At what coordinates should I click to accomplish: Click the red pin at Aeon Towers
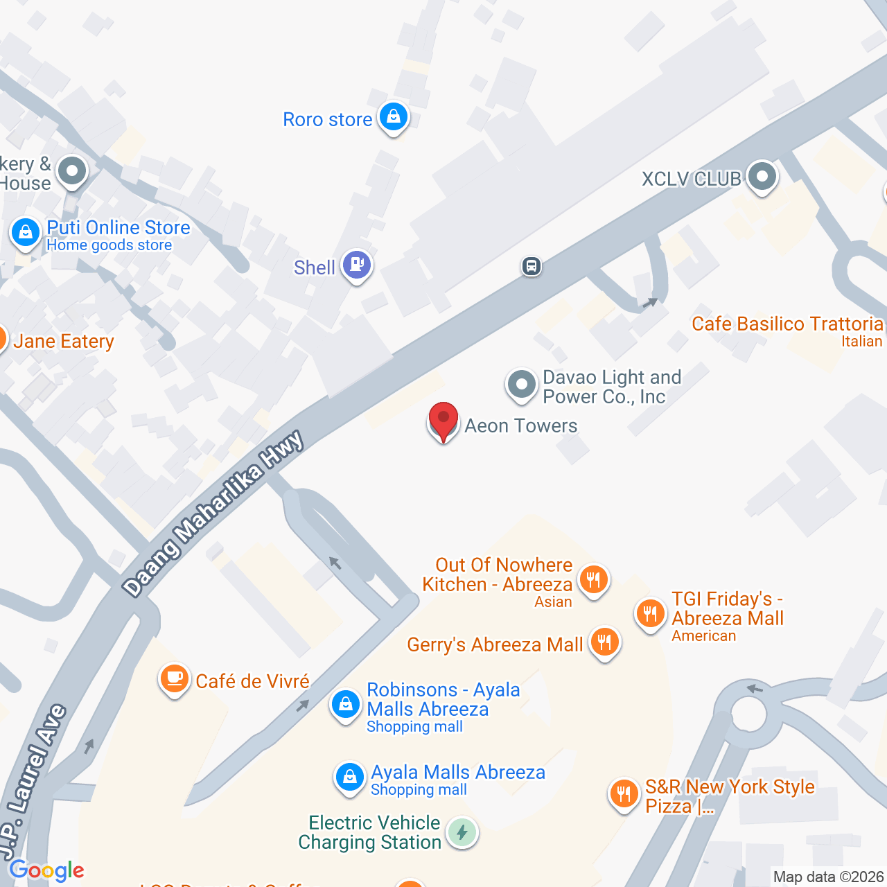pyautogui.click(x=443, y=420)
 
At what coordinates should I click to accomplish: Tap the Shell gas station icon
pyautogui.click(x=357, y=265)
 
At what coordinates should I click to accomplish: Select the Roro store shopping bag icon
pyautogui.click(x=394, y=116)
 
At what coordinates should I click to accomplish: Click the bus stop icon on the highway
pyautogui.click(x=532, y=266)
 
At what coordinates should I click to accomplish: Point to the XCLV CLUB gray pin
pyautogui.click(x=762, y=177)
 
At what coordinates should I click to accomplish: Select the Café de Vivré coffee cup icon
pyautogui.click(x=175, y=678)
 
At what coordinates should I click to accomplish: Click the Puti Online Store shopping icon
pyautogui.click(x=26, y=232)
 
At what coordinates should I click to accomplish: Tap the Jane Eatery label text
pyautogui.click(x=64, y=342)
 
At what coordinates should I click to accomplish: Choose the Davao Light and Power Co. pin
pyautogui.click(x=521, y=383)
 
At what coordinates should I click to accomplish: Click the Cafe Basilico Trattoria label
pyautogui.click(x=787, y=324)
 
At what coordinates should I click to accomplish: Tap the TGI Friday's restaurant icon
pyautogui.click(x=650, y=613)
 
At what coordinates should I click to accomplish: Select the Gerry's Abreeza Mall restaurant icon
pyautogui.click(x=604, y=642)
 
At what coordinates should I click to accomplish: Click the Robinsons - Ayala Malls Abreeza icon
pyautogui.click(x=345, y=705)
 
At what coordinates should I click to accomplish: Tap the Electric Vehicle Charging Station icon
pyautogui.click(x=462, y=832)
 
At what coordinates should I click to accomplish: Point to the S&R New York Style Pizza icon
pyautogui.click(x=624, y=793)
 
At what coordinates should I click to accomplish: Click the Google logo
pyautogui.click(x=46, y=870)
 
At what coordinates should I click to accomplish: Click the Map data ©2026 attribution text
pyautogui.click(x=828, y=877)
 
